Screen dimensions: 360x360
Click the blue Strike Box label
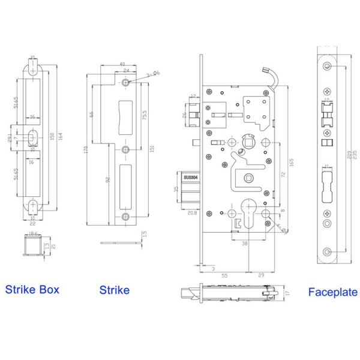(32, 290)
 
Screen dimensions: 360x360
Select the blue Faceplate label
(332, 293)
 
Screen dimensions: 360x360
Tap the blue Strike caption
(114, 290)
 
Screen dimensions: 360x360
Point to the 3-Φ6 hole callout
(154, 73)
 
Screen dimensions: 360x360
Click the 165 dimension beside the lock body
(290, 161)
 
